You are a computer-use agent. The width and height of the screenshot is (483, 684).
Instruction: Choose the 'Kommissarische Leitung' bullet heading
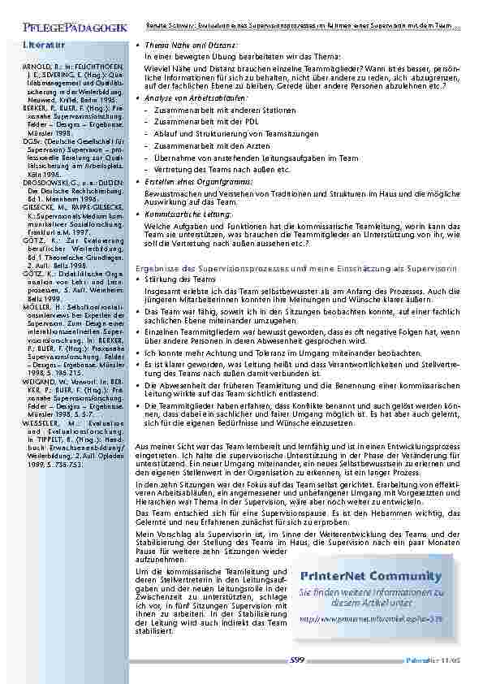pyautogui.click(x=191, y=214)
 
